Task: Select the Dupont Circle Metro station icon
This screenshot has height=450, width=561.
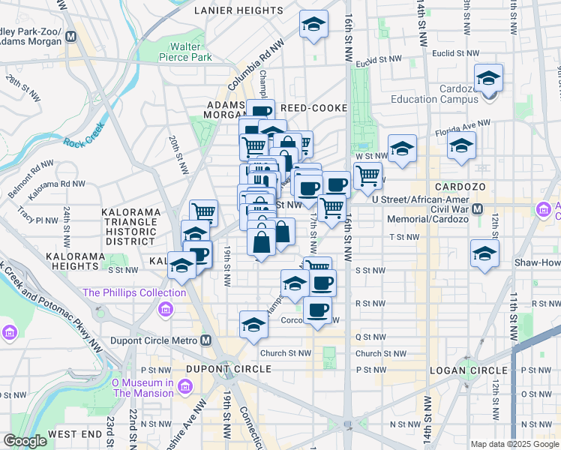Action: click(x=206, y=340)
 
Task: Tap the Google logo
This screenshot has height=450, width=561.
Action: click(x=25, y=441)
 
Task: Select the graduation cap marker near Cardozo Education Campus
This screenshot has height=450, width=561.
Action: click(x=488, y=79)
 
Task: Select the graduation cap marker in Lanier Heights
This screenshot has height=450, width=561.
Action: click(x=313, y=25)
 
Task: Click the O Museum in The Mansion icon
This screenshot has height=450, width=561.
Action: click(x=187, y=386)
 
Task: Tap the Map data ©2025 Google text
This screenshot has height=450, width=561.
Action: click(x=514, y=444)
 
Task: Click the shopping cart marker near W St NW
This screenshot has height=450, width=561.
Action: click(x=367, y=176)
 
